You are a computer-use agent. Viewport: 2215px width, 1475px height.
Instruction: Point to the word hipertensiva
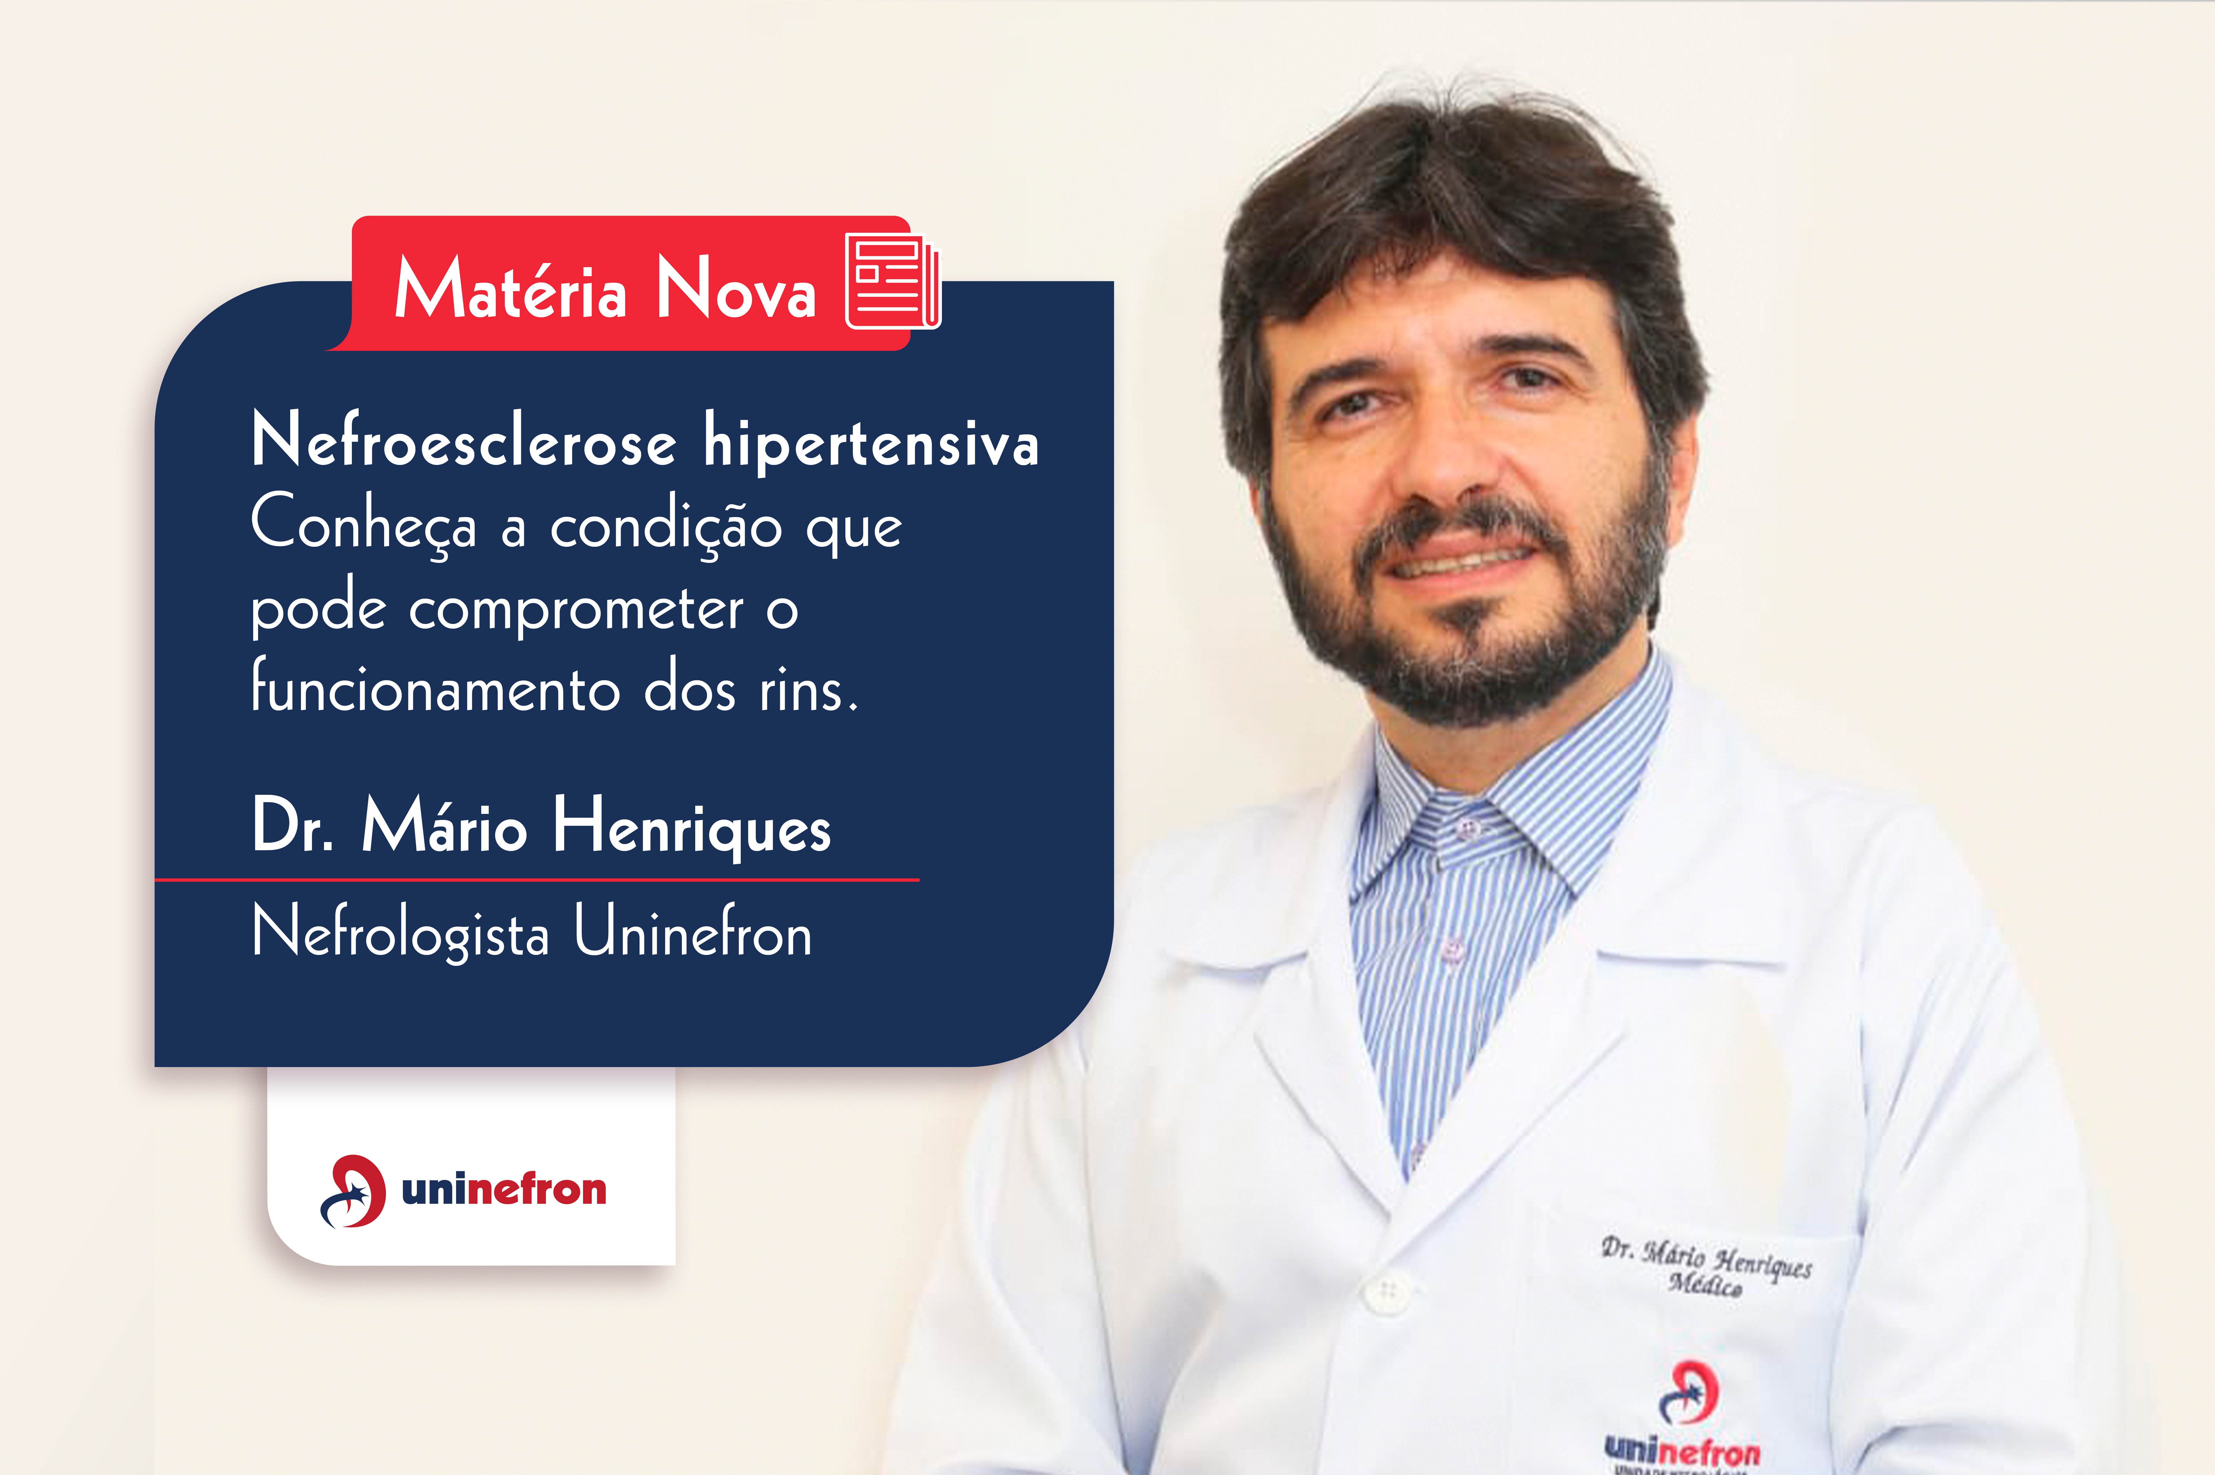(x=871, y=442)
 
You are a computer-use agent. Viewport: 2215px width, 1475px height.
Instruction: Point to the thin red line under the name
(x=536, y=880)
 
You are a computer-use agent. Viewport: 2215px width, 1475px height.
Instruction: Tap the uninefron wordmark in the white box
(x=504, y=1190)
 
